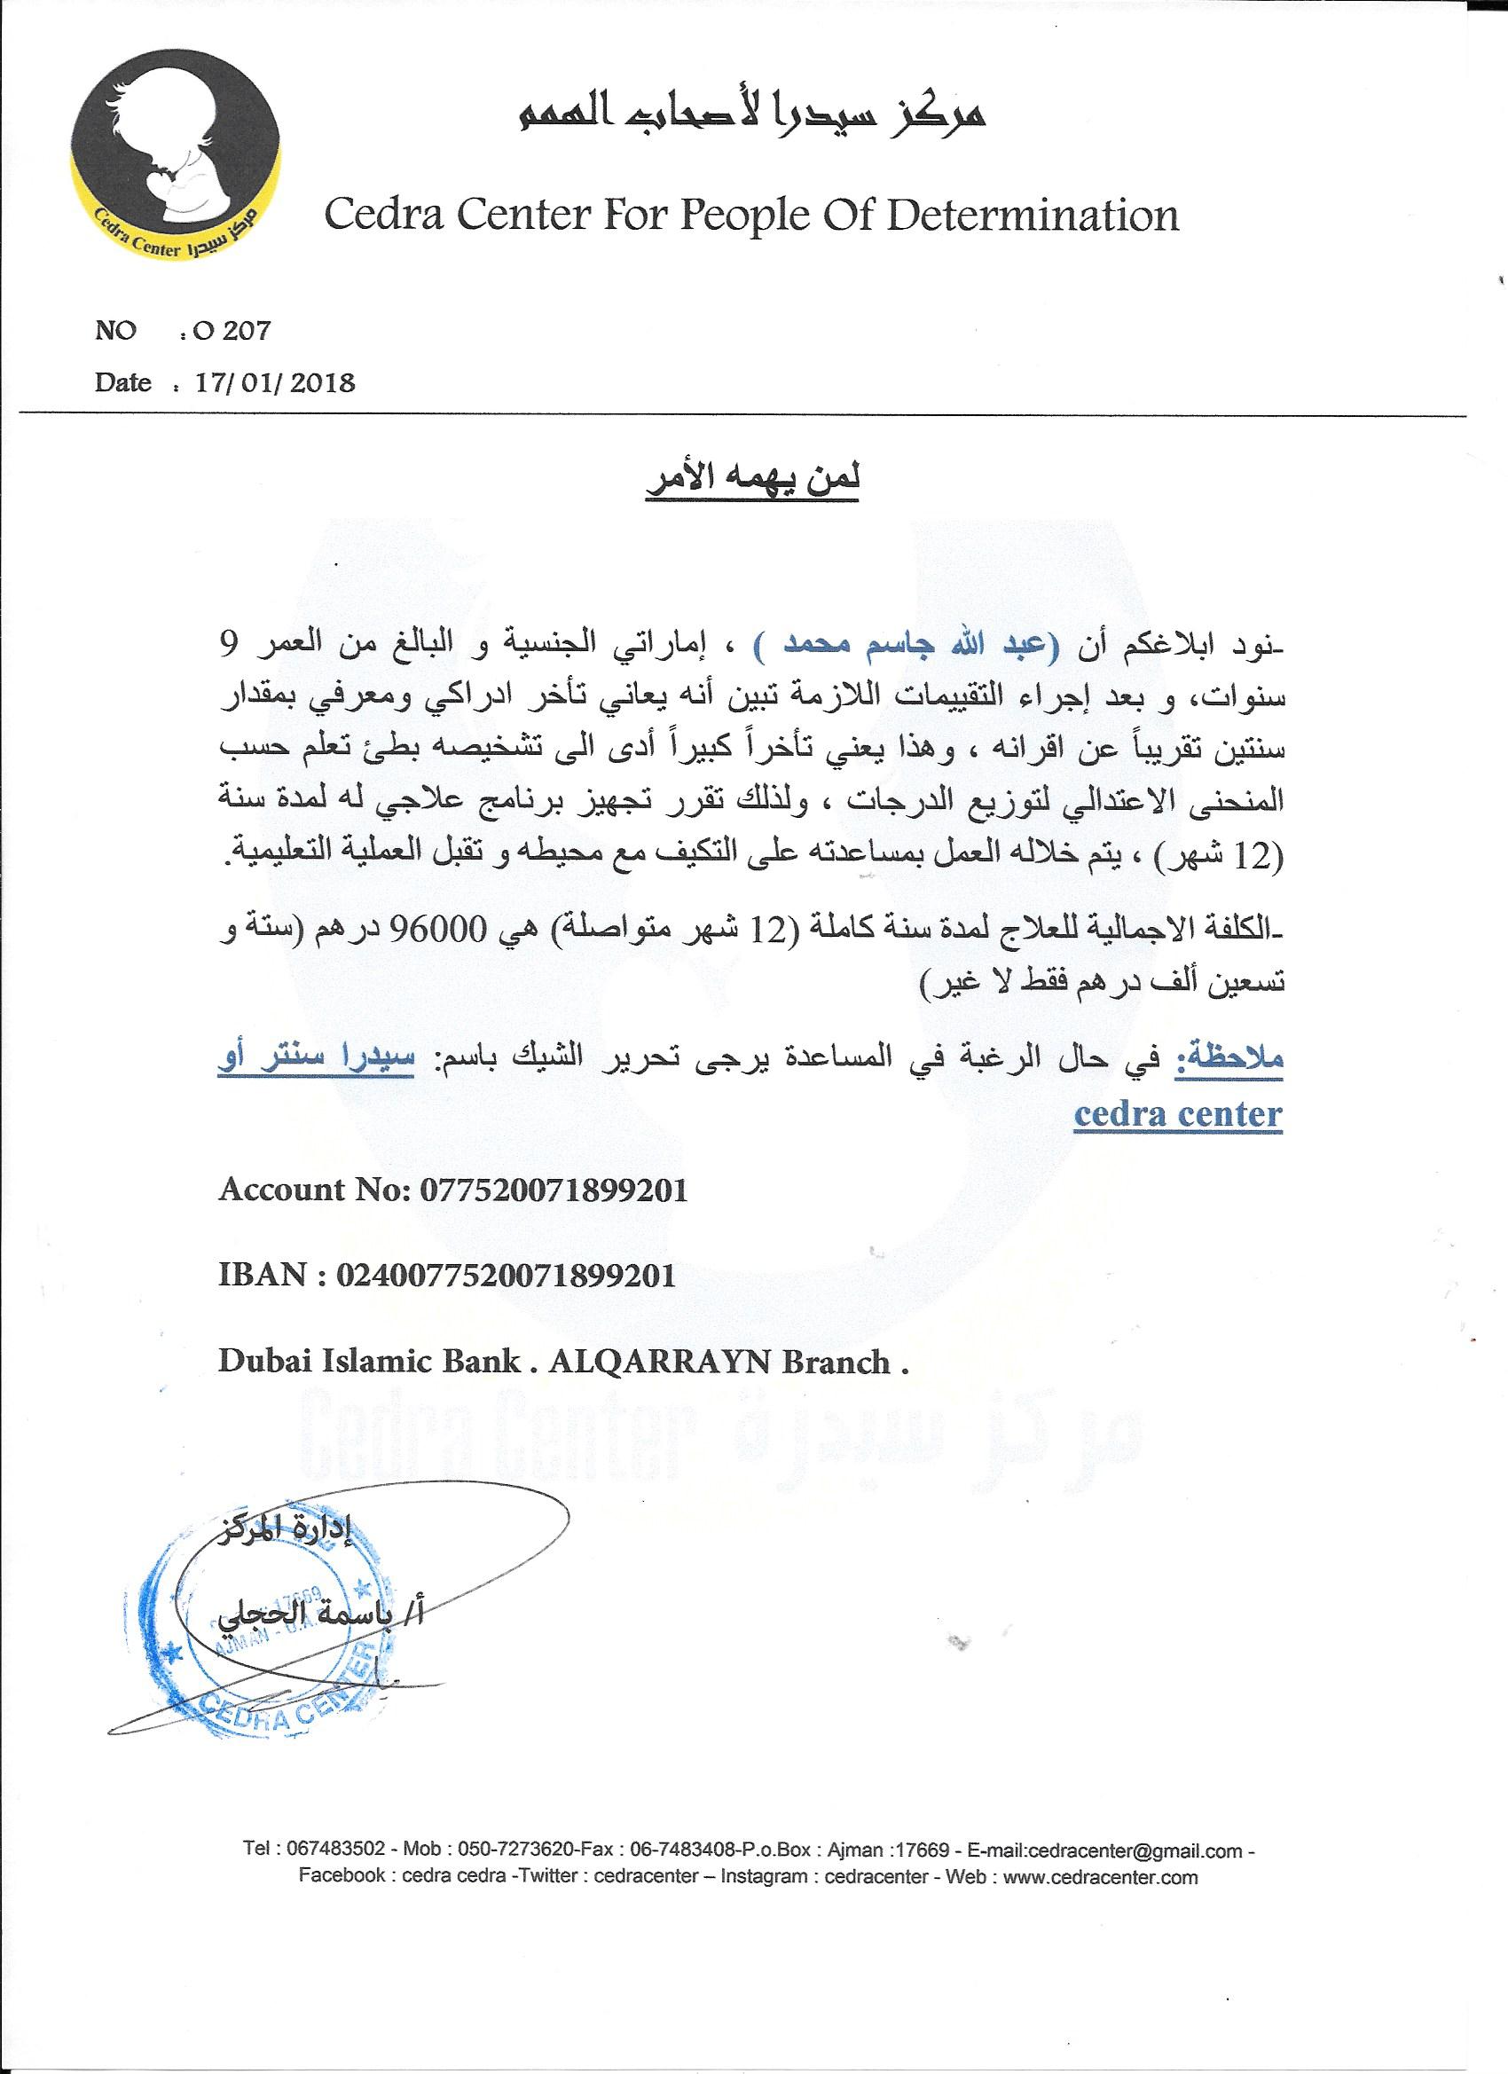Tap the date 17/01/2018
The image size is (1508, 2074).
coord(274,382)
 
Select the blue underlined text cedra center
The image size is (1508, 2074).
coord(1178,1115)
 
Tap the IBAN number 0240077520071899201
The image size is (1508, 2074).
coord(506,1275)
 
